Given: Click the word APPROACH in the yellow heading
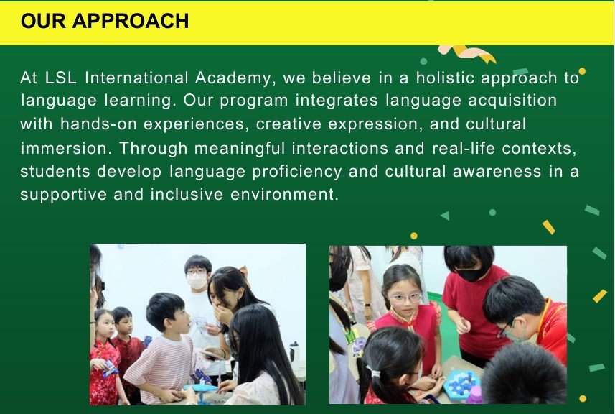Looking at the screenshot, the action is click(131, 21).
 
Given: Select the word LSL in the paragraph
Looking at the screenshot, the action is click(61, 78).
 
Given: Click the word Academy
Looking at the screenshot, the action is click(233, 78).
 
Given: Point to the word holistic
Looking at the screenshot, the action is click(445, 78).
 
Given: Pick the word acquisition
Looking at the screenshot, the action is click(512, 101).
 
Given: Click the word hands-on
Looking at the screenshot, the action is click(98, 124).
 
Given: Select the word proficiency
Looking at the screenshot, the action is click(297, 172).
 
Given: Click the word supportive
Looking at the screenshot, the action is click(64, 195).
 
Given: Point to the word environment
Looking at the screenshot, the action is click(284, 195).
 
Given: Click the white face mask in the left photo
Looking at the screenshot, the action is click(197, 280).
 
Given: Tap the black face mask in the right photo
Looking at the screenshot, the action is click(471, 274).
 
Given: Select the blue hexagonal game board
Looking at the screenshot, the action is click(462, 382).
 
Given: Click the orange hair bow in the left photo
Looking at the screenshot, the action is click(243, 271).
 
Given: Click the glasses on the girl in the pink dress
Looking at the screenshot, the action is click(405, 298).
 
